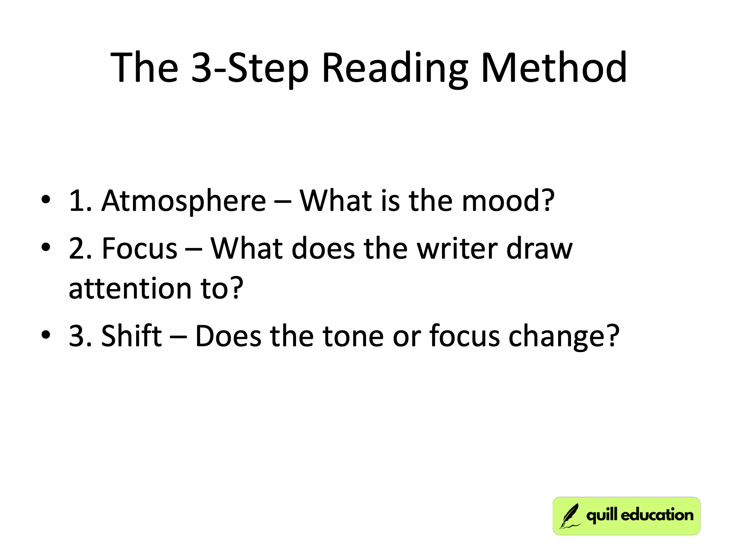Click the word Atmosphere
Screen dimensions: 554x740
183,201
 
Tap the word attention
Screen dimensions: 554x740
130,288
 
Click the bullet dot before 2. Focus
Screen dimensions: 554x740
46,248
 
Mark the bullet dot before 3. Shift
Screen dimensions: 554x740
46,335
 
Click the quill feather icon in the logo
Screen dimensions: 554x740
569,516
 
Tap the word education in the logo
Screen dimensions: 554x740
657,515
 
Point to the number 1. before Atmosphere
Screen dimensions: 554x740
80,201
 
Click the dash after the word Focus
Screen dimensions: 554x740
194,249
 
